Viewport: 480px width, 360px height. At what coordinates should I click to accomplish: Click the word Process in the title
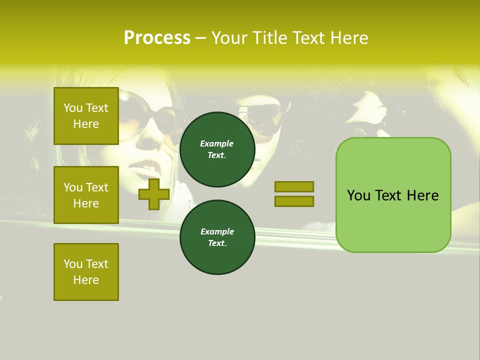(157, 38)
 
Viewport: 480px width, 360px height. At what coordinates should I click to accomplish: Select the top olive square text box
(86, 116)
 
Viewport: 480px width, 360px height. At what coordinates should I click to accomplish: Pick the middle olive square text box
(86, 195)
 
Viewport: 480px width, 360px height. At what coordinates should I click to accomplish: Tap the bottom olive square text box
(86, 272)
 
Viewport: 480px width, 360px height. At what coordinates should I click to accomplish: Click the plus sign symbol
(154, 194)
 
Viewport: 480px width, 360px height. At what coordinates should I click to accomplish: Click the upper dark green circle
(217, 149)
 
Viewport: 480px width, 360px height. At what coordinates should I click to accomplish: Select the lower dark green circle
(217, 237)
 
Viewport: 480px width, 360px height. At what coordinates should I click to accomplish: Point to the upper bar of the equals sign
(294, 186)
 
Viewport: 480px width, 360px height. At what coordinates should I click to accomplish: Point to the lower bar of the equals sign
(294, 201)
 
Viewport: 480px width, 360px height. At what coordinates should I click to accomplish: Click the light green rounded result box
(393, 195)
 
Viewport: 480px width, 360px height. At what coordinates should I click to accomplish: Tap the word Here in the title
(349, 38)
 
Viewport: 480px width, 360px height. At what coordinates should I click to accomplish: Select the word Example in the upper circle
(217, 143)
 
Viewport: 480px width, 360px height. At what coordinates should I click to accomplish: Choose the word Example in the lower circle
(217, 231)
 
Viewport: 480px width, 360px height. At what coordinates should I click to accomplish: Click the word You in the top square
(72, 108)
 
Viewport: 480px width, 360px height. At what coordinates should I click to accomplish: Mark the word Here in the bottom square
(86, 280)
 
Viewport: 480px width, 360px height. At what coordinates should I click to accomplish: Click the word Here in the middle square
(86, 203)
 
